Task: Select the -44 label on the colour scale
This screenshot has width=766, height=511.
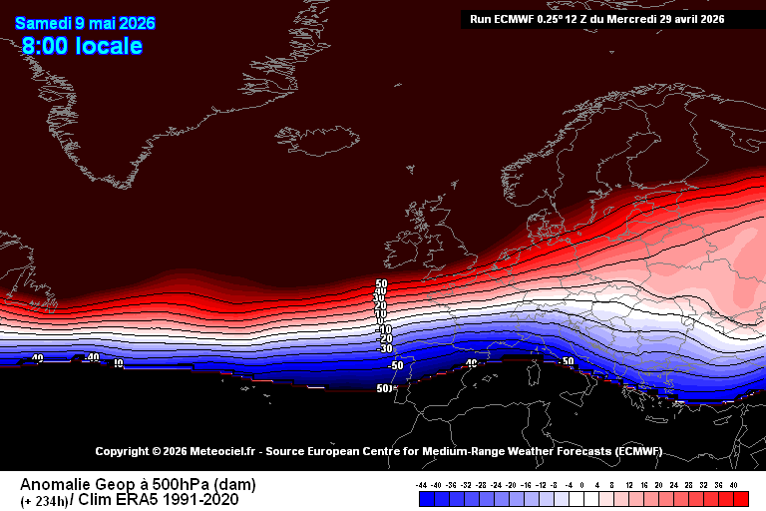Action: click(x=422, y=484)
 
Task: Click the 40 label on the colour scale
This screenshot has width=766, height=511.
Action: click(x=734, y=484)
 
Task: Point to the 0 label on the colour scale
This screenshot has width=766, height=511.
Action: click(x=582, y=484)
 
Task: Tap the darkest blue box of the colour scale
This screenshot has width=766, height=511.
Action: click(x=423, y=498)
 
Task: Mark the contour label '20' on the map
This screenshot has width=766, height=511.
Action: click(x=380, y=305)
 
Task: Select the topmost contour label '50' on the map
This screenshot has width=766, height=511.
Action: click(x=381, y=284)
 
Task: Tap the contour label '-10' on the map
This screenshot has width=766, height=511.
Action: click(x=383, y=328)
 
